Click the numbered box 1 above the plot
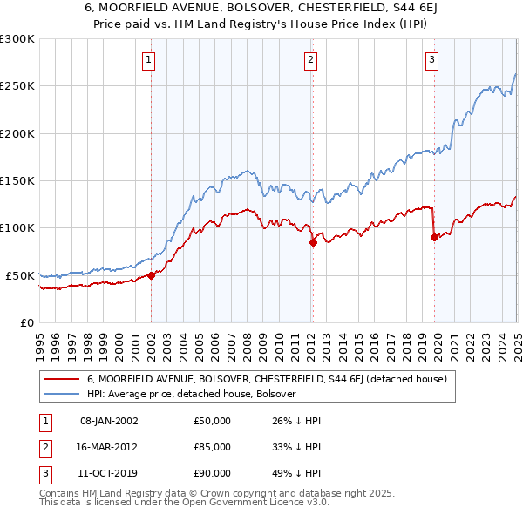[x=150, y=60]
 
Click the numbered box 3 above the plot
[x=431, y=60]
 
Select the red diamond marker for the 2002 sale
[x=151, y=275]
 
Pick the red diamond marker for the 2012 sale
[x=312, y=242]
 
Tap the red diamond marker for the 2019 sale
[x=433, y=237]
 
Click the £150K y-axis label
[x=17, y=181]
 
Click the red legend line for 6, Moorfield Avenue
[x=62, y=380]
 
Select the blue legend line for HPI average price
[x=62, y=394]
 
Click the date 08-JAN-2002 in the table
[x=109, y=422]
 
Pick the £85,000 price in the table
[x=213, y=447]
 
